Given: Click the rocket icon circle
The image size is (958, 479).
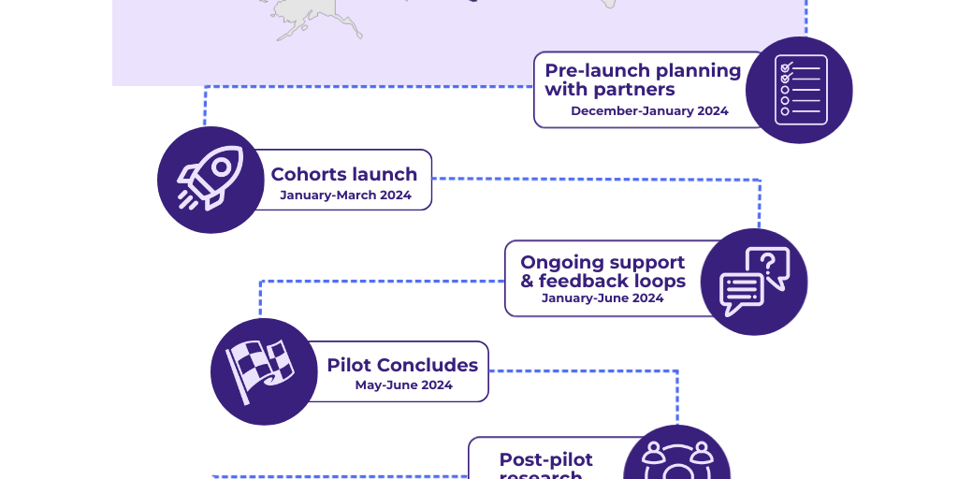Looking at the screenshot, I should (210, 180).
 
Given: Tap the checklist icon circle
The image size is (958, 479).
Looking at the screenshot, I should (799, 90).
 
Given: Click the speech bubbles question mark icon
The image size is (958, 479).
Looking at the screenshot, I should (754, 282).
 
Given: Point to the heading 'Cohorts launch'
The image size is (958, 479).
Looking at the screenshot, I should (343, 174).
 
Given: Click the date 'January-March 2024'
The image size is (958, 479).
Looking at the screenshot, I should (345, 196).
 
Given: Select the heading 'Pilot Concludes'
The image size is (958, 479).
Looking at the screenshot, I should (402, 365).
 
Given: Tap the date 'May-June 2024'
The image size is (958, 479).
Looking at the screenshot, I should (403, 385).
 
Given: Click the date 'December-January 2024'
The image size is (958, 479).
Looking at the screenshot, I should (649, 111).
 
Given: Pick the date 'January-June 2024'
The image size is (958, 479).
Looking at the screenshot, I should (602, 298).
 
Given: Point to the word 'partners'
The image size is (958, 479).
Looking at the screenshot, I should (635, 90).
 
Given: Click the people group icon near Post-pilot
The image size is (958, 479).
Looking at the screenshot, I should (675, 458).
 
